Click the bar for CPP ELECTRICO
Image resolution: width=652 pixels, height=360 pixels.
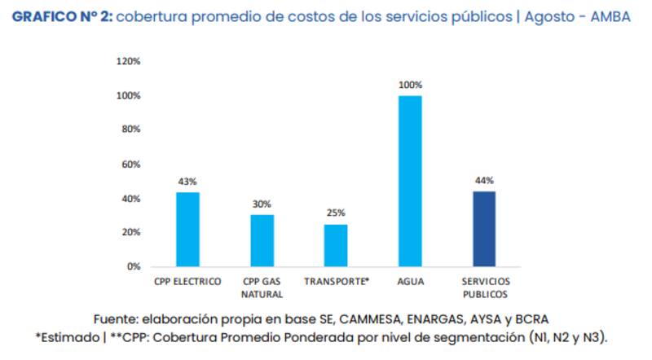(x=188, y=230)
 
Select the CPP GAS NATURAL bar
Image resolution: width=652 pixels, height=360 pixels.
(x=262, y=241)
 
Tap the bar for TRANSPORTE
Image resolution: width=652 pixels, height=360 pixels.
(x=336, y=245)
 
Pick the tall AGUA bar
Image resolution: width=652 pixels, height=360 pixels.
(x=410, y=181)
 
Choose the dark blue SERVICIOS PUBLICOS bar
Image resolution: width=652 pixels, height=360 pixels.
(x=484, y=229)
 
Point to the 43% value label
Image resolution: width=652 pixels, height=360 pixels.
(x=188, y=182)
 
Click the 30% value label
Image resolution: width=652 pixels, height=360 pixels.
(x=262, y=204)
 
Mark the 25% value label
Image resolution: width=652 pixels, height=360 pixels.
(x=336, y=213)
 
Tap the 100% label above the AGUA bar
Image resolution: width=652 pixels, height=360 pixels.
(x=410, y=85)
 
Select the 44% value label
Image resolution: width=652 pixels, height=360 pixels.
(x=484, y=181)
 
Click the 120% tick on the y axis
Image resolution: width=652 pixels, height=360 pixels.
(x=129, y=61)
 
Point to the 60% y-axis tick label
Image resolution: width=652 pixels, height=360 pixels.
(x=131, y=165)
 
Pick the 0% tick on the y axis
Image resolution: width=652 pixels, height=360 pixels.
(x=134, y=267)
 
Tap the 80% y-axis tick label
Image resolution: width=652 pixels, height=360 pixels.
(x=131, y=130)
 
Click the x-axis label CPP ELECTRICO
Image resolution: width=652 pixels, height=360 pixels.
(x=187, y=282)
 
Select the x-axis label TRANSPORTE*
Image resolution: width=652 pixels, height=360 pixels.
(x=337, y=282)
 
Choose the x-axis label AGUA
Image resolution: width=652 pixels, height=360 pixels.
(x=410, y=282)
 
